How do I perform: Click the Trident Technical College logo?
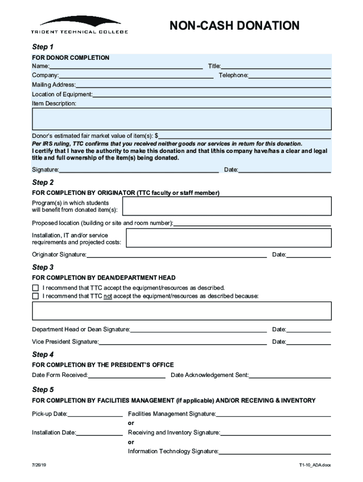(x=80, y=25)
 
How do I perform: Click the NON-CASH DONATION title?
(x=234, y=25)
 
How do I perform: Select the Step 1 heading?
(x=42, y=47)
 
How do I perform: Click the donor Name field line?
(x=126, y=67)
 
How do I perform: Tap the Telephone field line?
(x=289, y=76)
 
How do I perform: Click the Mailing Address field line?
(x=203, y=86)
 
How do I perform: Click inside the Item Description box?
(x=181, y=119)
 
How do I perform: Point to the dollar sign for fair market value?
(x=157, y=136)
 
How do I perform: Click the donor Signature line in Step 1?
(x=139, y=170)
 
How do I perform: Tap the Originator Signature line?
(x=176, y=256)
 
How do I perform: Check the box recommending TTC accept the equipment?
(x=35, y=288)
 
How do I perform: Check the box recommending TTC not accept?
(x=35, y=297)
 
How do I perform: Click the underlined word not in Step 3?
(x=107, y=297)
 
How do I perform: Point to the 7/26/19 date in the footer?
(x=39, y=465)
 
